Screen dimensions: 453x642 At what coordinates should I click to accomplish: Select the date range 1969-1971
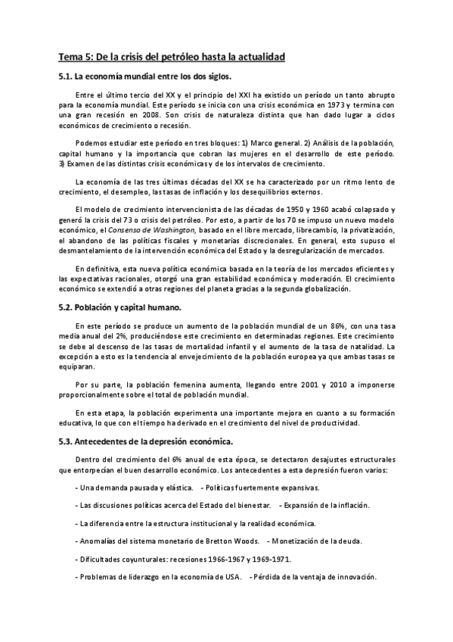271,559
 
